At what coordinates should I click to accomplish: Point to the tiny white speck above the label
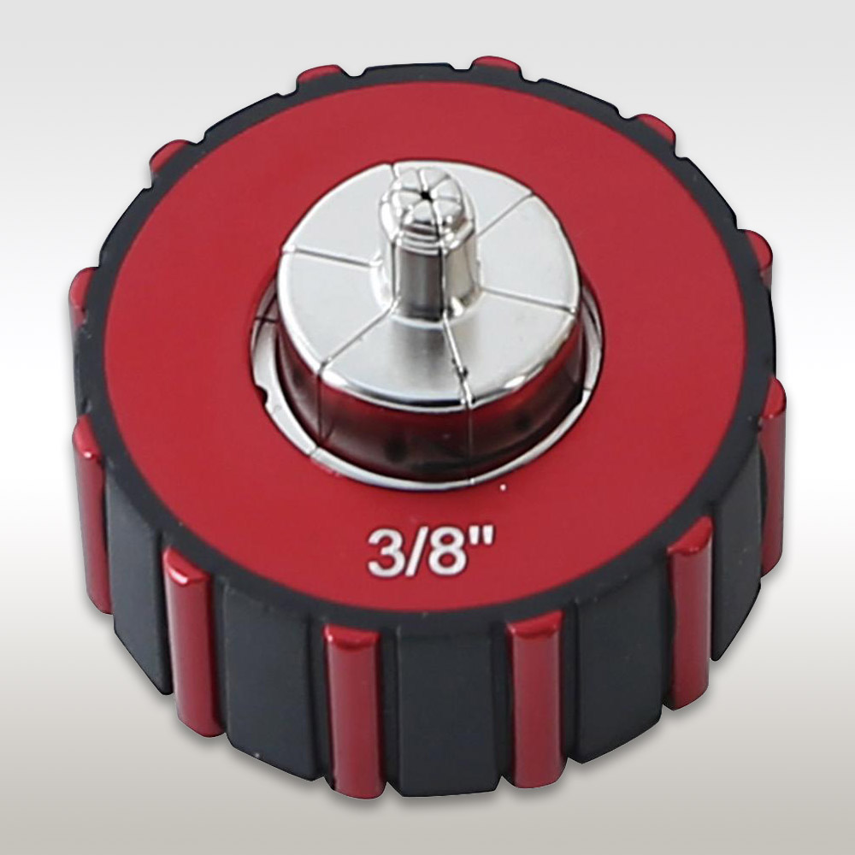click(503, 486)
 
